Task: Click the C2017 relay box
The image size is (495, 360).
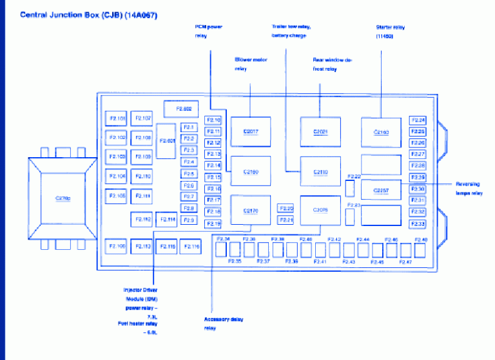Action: click(x=251, y=132)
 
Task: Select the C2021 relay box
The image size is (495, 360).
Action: click(x=320, y=132)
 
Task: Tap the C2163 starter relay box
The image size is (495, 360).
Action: click(x=382, y=133)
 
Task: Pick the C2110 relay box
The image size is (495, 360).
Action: click(x=320, y=172)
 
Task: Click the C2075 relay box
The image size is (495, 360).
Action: click(x=320, y=210)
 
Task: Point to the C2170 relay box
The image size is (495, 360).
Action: click(x=251, y=211)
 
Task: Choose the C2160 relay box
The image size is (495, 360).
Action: click(x=251, y=172)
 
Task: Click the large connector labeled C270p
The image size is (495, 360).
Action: click(x=63, y=198)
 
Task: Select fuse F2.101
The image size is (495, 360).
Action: click(x=117, y=118)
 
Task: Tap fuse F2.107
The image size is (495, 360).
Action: click(x=143, y=118)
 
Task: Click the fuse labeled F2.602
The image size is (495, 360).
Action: click(x=182, y=109)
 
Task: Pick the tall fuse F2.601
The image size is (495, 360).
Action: click(x=166, y=140)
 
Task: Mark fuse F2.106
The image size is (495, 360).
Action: click(x=117, y=246)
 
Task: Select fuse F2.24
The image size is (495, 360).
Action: click(x=418, y=120)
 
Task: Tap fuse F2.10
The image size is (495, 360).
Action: click(x=213, y=120)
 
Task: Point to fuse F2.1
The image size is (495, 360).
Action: click(x=189, y=128)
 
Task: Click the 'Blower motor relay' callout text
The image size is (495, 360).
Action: click(x=250, y=64)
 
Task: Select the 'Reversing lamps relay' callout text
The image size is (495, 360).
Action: click(x=468, y=188)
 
